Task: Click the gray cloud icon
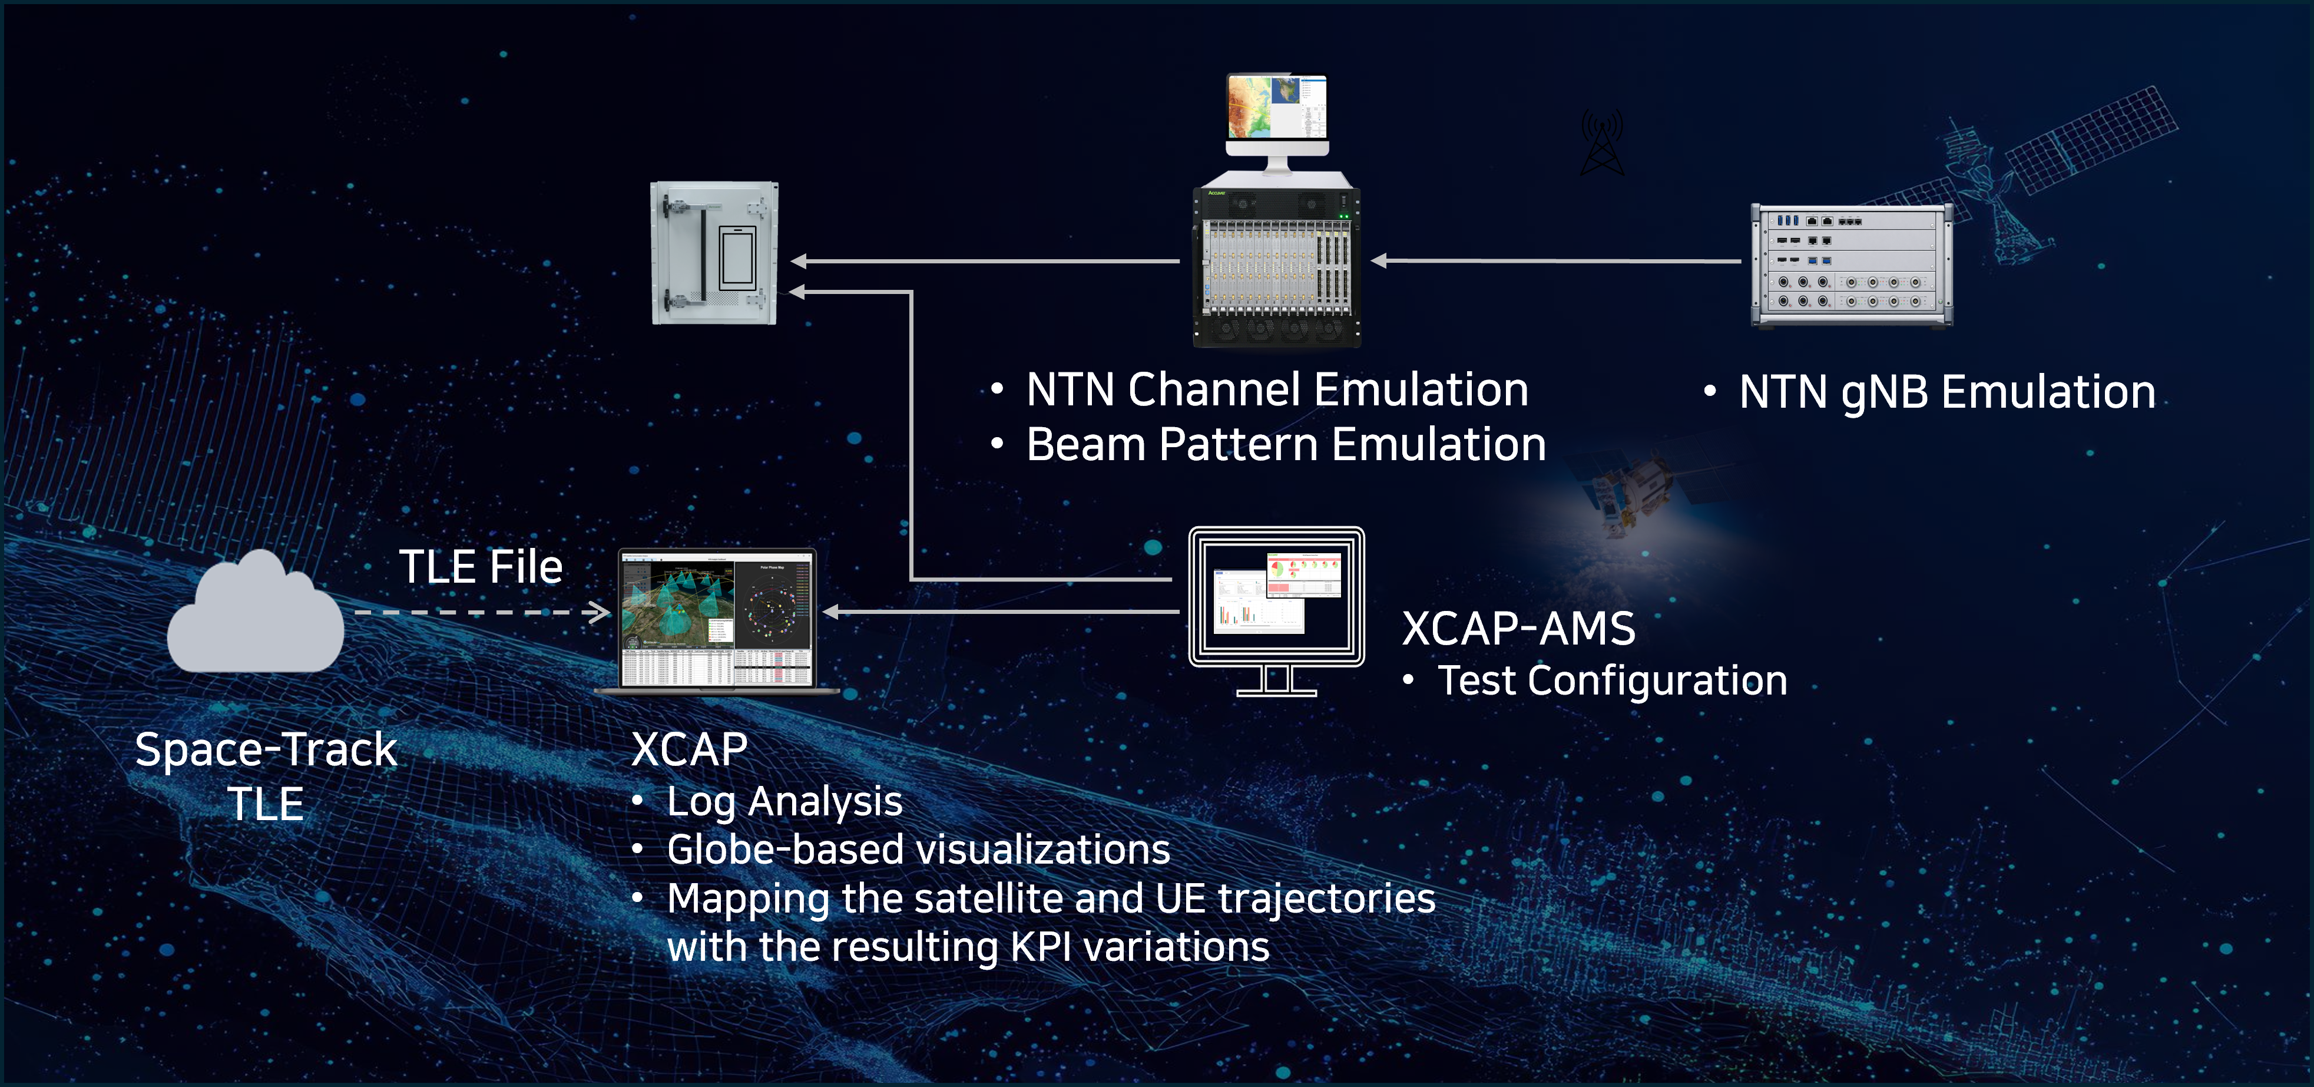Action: pyautogui.click(x=256, y=615)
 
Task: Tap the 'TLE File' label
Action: pyautogui.click(x=481, y=567)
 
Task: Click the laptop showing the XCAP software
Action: pyautogui.click(x=717, y=620)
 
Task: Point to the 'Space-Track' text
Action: pyautogui.click(x=266, y=749)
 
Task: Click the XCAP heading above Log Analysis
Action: pyautogui.click(x=689, y=749)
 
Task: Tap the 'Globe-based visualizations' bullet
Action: pyautogui.click(x=918, y=850)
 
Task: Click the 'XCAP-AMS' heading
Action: pyautogui.click(x=1518, y=628)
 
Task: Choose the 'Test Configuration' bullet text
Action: pyautogui.click(x=1613, y=680)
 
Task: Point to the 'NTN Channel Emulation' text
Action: pyautogui.click(x=1276, y=390)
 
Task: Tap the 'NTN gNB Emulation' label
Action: pyautogui.click(x=1946, y=392)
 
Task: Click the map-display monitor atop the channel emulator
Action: pyautogui.click(x=1276, y=113)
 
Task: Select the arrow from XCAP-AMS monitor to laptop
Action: pyautogui.click(x=1002, y=612)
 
